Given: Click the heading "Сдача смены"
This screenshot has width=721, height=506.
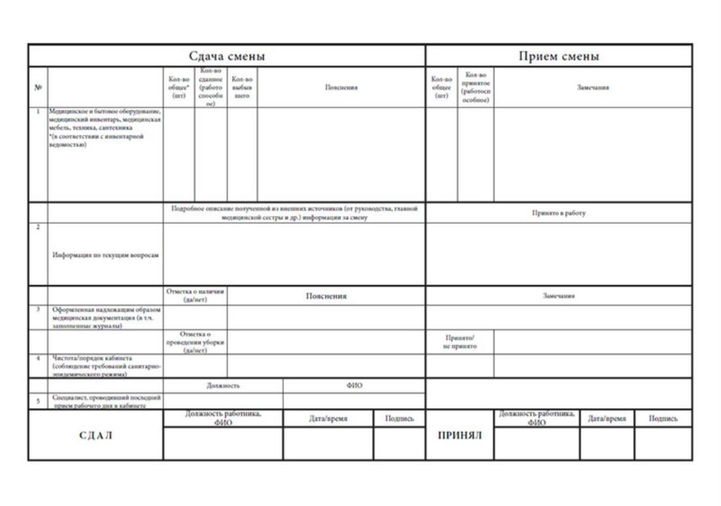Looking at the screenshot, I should [x=227, y=56].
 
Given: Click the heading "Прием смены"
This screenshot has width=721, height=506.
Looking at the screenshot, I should [x=559, y=56].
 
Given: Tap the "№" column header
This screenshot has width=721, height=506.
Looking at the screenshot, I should [x=38, y=87].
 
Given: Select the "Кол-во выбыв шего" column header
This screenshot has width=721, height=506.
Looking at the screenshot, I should [x=242, y=87].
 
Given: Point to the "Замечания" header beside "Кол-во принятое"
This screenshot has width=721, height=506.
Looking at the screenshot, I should [x=593, y=88].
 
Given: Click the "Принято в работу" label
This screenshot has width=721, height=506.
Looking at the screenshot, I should [x=559, y=213].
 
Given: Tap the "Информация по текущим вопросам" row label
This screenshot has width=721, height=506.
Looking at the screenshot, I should [x=105, y=255].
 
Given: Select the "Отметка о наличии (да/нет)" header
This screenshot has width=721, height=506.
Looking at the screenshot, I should [x=195, y=296].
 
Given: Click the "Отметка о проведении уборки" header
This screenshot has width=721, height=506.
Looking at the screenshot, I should [x=195, y=342].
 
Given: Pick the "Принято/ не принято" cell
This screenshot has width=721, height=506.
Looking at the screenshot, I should [x=459, y=342].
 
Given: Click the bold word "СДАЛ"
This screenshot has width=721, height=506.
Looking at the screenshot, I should [x=96, y=435].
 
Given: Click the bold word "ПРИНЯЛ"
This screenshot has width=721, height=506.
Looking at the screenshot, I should [x=459, y=435].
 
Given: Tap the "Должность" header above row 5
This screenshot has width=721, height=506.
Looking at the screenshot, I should [x=223, y=386].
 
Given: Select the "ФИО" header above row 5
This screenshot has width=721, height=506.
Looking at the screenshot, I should [x=354, y=386].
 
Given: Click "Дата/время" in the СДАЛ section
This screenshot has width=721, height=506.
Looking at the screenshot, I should [x=328, y=418].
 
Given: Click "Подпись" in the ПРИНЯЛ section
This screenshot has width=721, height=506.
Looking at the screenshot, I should [x=663, y=418].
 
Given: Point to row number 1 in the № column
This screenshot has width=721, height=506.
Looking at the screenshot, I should [x=38, y=111].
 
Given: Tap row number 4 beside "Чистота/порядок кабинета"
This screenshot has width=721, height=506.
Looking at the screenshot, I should [x=38, y=358].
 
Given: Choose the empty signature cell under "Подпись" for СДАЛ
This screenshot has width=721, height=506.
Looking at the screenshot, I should [x=399, y=443].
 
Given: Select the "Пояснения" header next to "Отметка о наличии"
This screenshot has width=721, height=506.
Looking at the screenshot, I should [x=326, y=296].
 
